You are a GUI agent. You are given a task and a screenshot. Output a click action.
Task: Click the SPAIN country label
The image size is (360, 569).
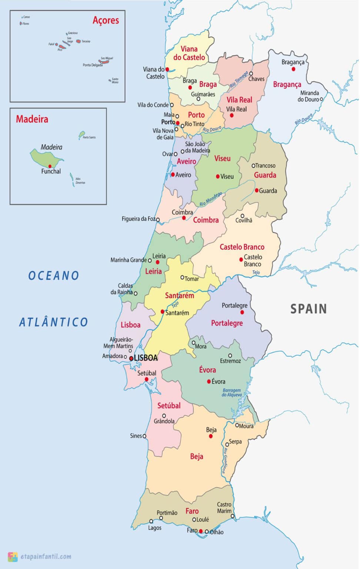(x=308, y=309)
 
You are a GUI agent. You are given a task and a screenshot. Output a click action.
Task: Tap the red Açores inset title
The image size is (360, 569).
(x=106, y=20)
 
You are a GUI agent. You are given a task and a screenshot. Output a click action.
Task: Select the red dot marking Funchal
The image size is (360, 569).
(x=50, y=166)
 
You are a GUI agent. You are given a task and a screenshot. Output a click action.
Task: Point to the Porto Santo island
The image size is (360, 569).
(x=82, y=134)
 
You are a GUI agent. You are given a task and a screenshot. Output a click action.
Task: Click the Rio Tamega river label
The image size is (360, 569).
(x=239, y=80)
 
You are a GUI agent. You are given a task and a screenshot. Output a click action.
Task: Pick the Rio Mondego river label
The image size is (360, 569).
(x=210, y=199)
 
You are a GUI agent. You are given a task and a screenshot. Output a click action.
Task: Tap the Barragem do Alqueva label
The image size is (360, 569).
(x=231, y=393)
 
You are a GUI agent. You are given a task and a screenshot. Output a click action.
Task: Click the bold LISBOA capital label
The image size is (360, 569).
(x=146, y=358)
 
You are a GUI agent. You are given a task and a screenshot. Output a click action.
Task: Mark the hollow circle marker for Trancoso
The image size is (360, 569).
(x=254, y=166)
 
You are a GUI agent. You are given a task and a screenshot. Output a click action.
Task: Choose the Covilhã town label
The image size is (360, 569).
(x=244, y=220)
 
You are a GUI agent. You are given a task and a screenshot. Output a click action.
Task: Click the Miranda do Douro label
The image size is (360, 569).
(x=309, y=96)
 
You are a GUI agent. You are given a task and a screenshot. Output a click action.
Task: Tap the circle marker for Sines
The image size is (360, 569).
(x=144, y=436)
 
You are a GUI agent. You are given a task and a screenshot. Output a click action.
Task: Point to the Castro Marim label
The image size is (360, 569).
(x=224, y=508)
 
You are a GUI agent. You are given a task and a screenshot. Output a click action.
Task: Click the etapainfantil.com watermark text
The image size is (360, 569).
(x=46, y=556)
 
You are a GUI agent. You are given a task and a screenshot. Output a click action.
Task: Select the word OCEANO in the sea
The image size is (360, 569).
(x=54, y=276)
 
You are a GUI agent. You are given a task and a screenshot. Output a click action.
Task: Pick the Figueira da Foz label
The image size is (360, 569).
(x=138, y=219)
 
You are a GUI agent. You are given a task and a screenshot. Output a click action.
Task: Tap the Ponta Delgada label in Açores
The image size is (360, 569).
(x=92, y=65)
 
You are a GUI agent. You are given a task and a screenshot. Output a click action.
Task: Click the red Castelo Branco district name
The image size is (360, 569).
(x=242, y=247)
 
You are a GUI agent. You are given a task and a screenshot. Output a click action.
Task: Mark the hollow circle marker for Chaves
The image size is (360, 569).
(x=251, y=74)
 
